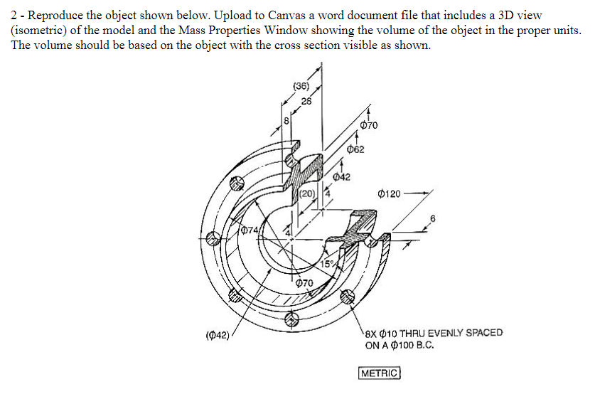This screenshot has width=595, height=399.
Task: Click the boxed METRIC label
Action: point(380,373)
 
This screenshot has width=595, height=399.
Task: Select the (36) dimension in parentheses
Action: point(302,87)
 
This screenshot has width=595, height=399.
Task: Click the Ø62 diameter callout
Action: point(356,149)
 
